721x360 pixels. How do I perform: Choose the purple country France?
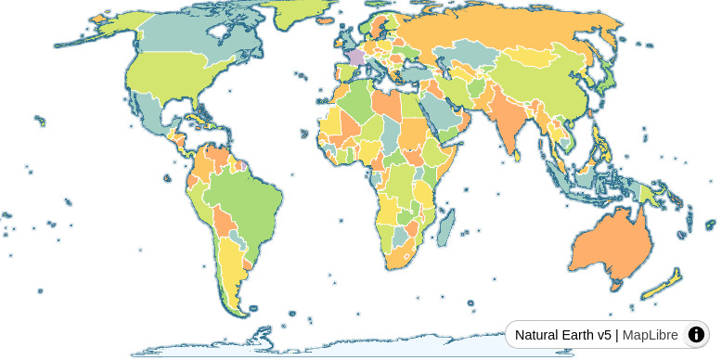(355, 57)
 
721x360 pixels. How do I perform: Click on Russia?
(501, 37)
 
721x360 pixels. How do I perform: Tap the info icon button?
(696, 335)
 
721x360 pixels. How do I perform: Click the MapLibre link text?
(650, 335)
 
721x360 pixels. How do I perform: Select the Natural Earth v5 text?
(563, 335)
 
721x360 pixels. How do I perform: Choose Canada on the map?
(176, 46)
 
